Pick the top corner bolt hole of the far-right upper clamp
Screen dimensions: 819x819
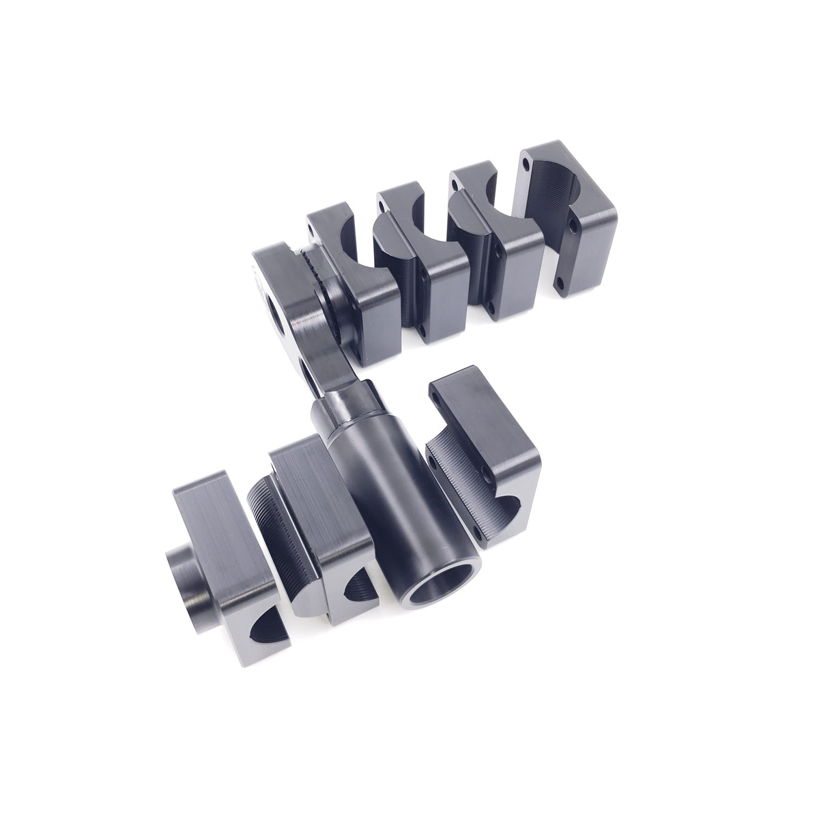(527, 165)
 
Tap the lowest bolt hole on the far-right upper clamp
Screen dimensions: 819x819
(560, 282)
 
